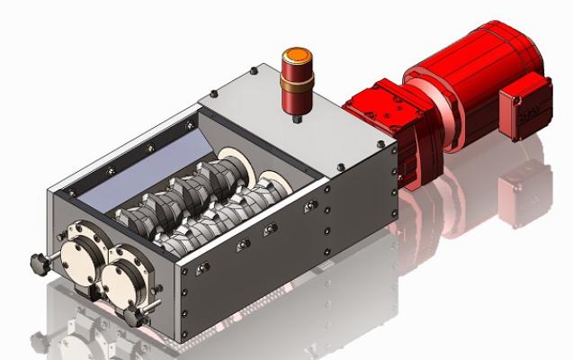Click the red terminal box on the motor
click(x=526, y=107)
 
